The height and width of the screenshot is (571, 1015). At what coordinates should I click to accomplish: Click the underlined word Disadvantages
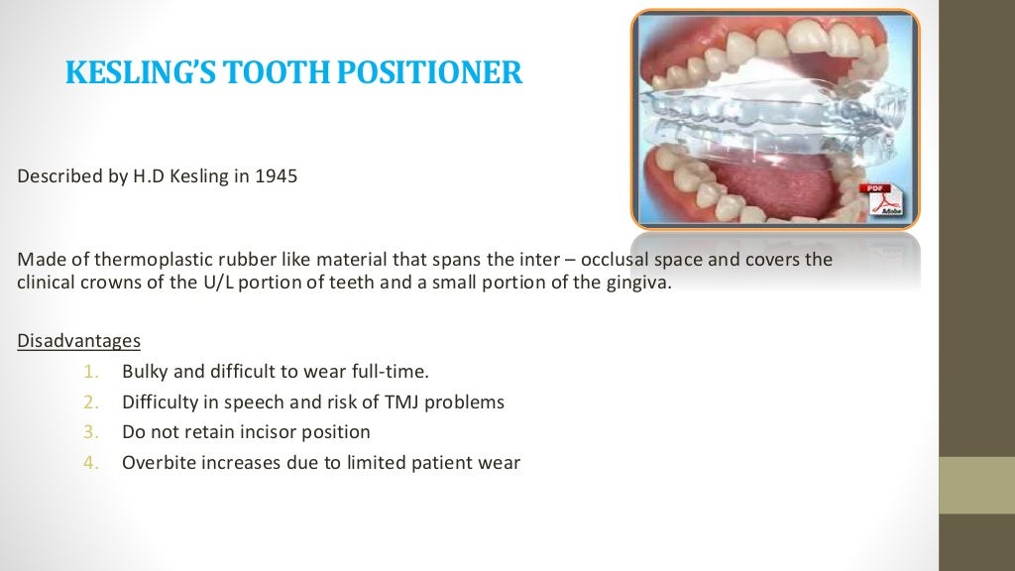(79, 341)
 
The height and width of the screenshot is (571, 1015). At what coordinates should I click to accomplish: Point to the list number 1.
(89, 373)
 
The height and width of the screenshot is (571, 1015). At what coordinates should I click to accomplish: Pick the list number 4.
(89, 462)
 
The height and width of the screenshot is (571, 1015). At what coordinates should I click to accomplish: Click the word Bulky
(145, 373)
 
